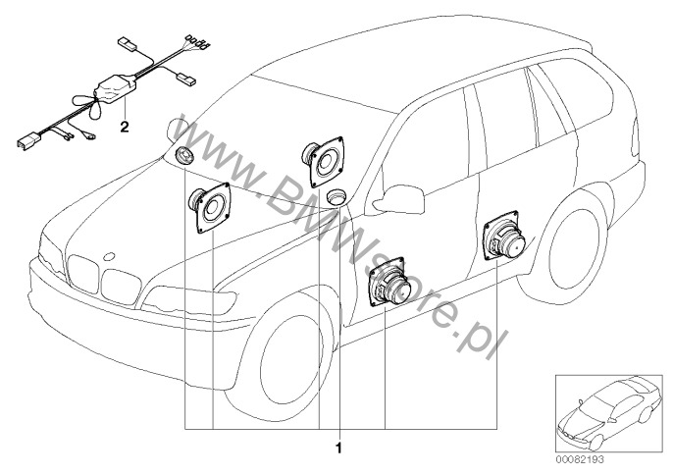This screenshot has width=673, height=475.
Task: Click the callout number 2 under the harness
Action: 124,127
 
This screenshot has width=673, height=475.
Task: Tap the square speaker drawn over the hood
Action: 210,207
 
